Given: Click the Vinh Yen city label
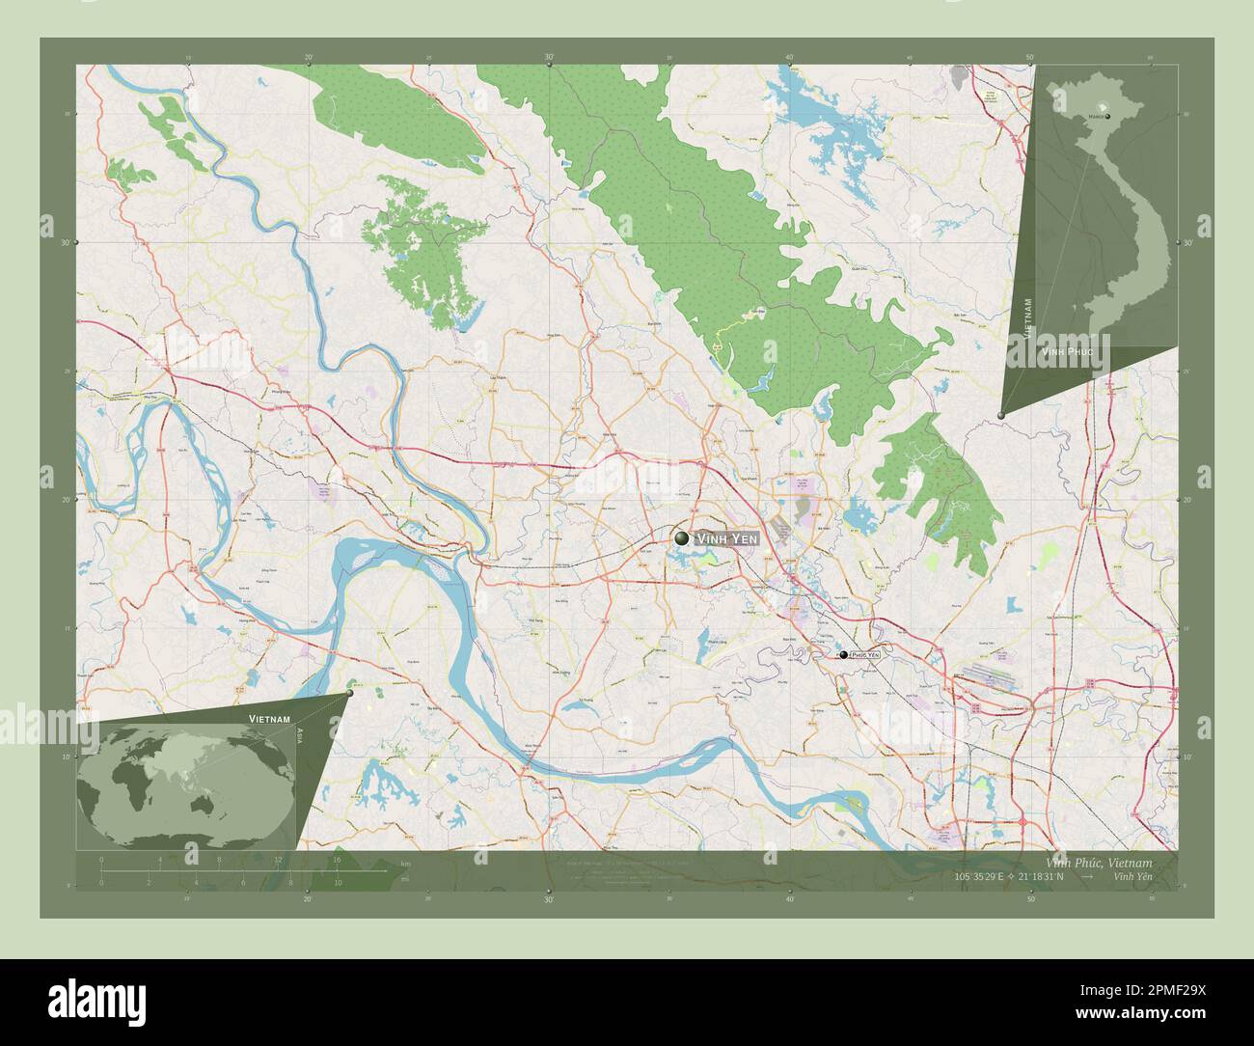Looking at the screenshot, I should click(730, 538).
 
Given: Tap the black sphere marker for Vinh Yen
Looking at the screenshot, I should click(683, 537).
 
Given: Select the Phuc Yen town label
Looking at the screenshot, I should click(865, 654).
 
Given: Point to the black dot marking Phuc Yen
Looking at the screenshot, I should click(843, 654).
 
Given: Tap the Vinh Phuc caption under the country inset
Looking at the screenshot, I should click(1067, 353).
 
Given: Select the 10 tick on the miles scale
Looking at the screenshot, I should click(337, 882).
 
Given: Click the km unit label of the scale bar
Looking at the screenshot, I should click(378, 863).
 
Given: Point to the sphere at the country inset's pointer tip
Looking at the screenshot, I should click(1001, 415).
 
